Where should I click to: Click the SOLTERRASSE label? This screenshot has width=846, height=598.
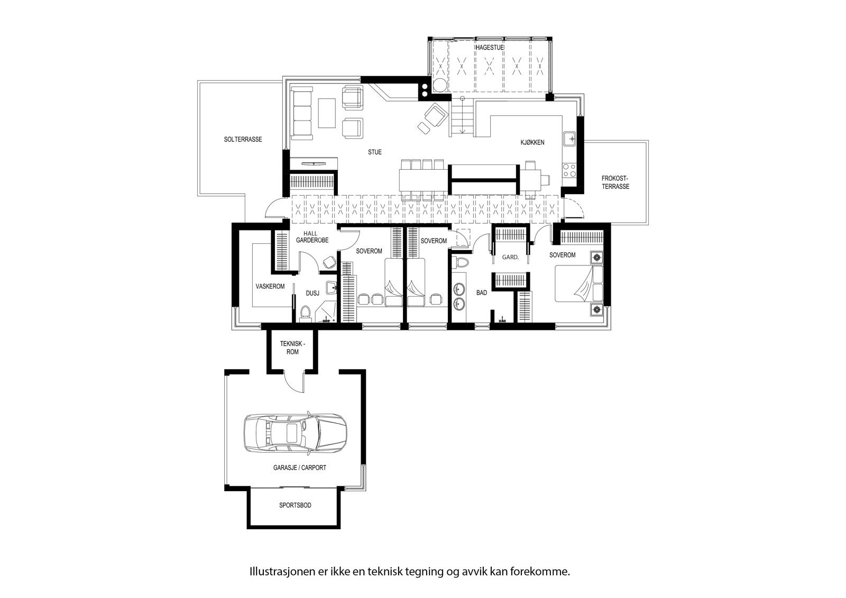pos(243,140)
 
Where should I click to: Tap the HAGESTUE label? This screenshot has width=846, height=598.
pos(490,48)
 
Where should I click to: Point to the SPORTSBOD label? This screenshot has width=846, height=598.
pos(295,505)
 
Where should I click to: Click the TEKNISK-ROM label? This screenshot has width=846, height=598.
pos(292,347)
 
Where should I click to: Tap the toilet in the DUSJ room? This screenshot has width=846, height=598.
pos(305,314)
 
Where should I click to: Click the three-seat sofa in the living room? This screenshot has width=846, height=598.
pos(302,113)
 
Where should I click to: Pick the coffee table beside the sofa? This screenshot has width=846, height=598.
pos(327,113)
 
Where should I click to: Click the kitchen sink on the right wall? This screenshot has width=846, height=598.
pos(569,139)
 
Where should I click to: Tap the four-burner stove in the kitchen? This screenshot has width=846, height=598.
pos(569,170)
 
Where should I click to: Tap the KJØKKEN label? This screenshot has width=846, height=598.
pos(532,143)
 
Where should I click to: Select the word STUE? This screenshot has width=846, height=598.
pos(375,152)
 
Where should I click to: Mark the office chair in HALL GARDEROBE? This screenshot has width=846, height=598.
pos(329,262)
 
